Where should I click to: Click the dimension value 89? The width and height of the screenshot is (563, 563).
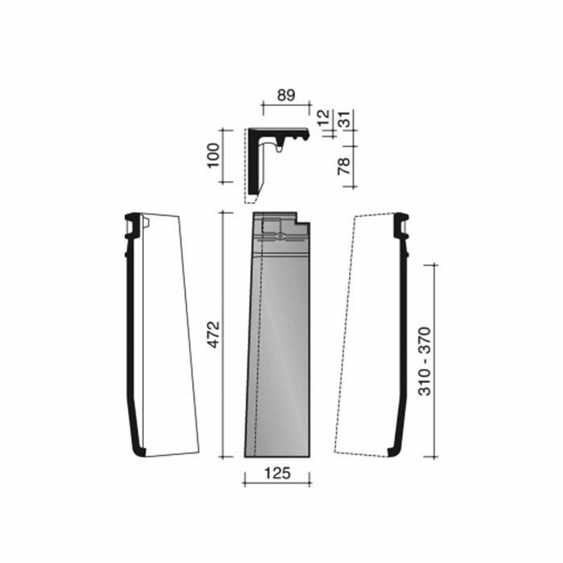click(x=285, y=94)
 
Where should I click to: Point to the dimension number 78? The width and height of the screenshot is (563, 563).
click(x=344, y=166)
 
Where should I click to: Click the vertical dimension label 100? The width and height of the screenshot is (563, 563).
click(x=214, y=154)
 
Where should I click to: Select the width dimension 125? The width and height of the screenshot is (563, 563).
click(x=276, y=472)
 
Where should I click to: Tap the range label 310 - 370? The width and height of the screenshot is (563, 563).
click(x=425, y=360)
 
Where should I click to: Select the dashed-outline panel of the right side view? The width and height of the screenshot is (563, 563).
click(x=366, y=338)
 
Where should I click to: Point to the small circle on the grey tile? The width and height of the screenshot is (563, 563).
click(x=279, y=237)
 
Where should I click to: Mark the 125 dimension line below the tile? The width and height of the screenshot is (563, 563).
click(x=277, y=483)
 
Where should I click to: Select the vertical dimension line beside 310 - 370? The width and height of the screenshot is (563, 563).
click(x=434, y=360)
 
